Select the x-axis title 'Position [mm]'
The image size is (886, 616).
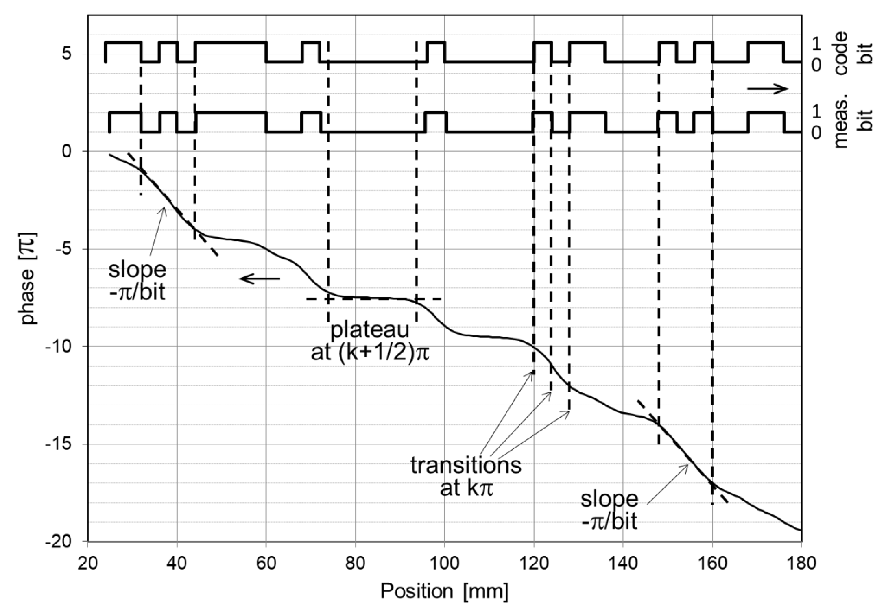coord(444,591)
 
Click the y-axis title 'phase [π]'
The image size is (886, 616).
coord(29,279)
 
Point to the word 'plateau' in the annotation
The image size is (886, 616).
coord(369,330)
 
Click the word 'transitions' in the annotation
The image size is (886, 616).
coord(466,465)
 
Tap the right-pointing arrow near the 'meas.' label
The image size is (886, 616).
coord(767,89)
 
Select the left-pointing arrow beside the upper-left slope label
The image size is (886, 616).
coord(260,279)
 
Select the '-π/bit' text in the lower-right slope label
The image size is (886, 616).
coord(609,521)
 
